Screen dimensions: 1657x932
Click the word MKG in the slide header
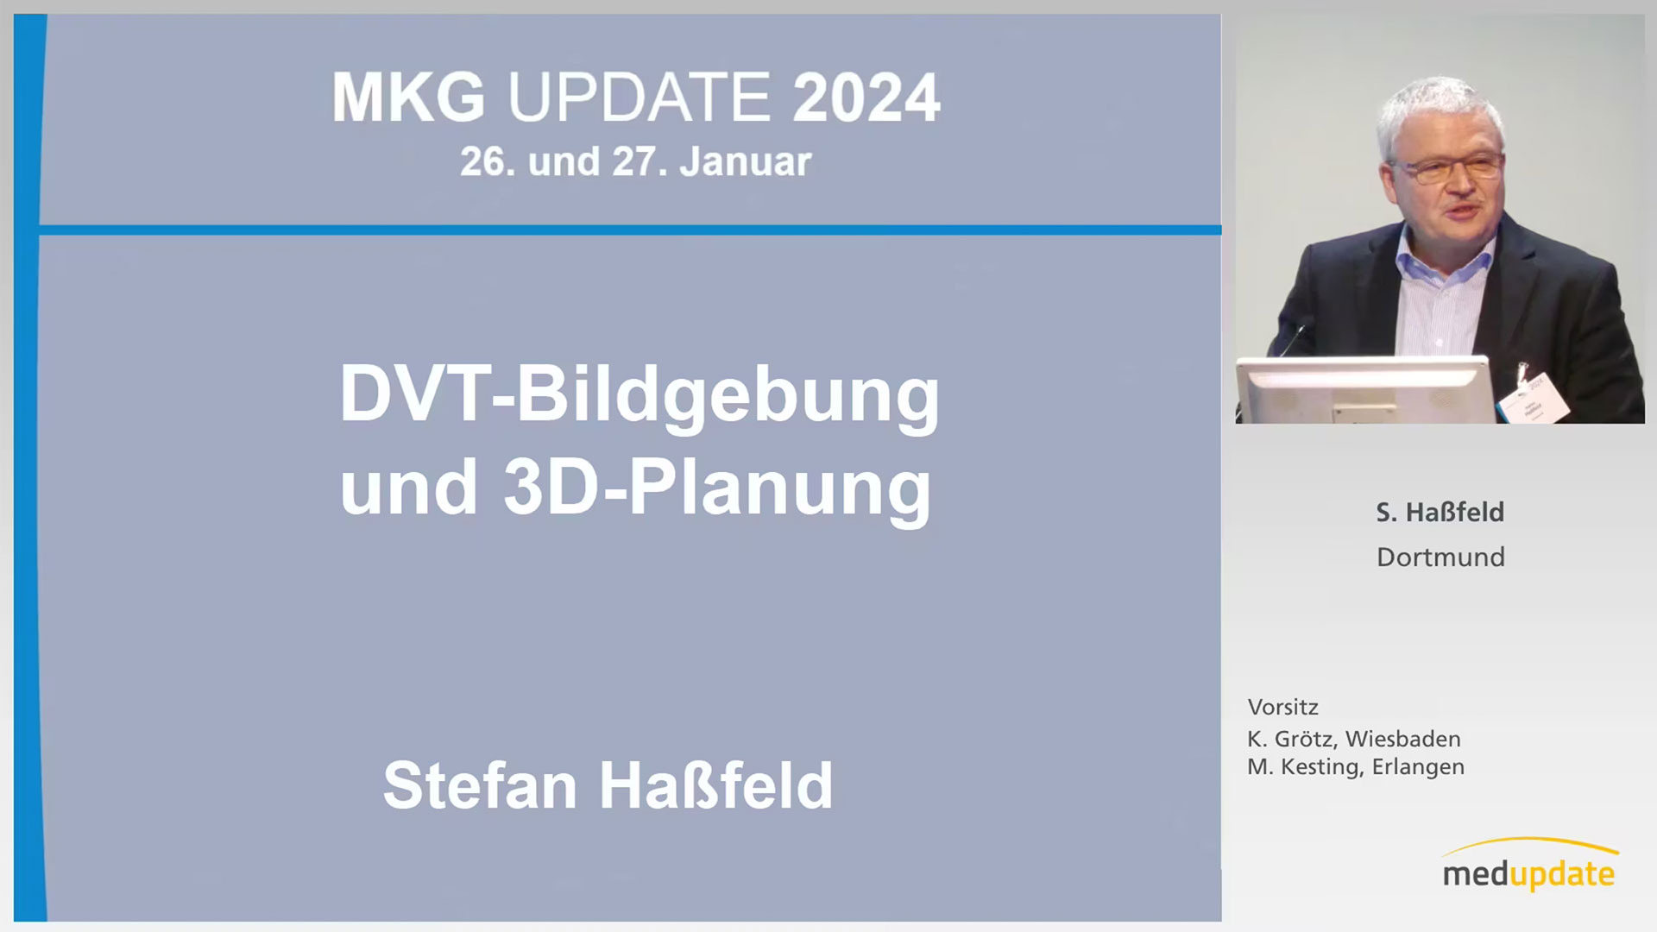pyautogui.click(x=408, y=98)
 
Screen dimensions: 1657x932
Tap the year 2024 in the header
pyautogui.click(x=866, y=98)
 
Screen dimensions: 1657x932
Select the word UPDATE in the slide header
pyautogui.click(x=639, y=98)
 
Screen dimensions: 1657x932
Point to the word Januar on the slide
pyautogui.click(x=746, y=162)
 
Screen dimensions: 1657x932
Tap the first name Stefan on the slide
pyautogui.click(x=480, y=785)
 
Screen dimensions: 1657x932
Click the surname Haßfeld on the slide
pyautogui.click(x=715, y=785)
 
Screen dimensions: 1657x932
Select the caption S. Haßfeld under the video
pyautogui.click(x=1440, y=513)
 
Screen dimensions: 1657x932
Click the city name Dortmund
pyautogui.click(x=1440, y=557)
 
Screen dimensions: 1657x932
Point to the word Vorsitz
pyautogui.click(x=1282, y=707)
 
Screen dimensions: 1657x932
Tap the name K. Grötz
pyautogui.click(x=1292, y=740)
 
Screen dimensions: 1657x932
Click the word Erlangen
pyautogui.click(x=1418, y=767)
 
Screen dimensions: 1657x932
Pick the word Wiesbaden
pyautogui.click(x=1402, y=740)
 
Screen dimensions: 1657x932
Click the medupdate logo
pyautogui.click(x=1529, y=865)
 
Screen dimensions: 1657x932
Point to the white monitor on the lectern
pyautogui.click(x=1364, y=390)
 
